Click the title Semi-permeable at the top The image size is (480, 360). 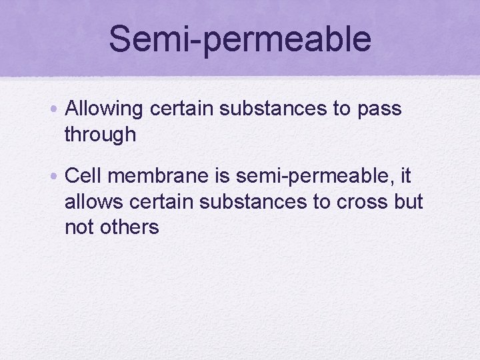(240, 39)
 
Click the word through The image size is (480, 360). (100, 135)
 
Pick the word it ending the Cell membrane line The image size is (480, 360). (406, 177)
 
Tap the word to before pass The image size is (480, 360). (343, 109)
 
